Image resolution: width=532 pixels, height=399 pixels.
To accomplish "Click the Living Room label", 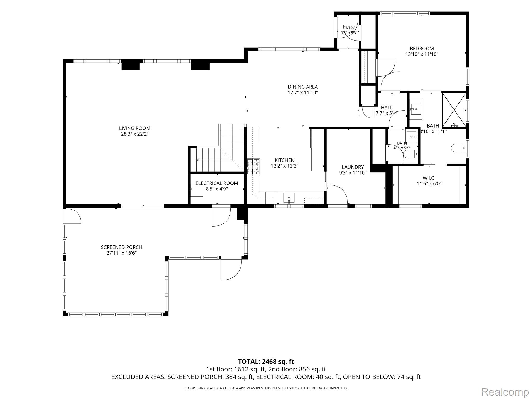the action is [x=135, y=128].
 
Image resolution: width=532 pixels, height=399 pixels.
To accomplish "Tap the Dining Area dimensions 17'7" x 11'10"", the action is [x=303, y=92].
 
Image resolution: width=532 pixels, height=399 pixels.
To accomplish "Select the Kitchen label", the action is [x=284, y=160].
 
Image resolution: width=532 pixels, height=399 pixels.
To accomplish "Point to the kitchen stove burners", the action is [x=253, y=167].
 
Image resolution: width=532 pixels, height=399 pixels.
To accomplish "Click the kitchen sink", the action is [x=289, y=198].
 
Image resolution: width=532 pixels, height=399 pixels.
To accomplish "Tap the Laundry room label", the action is [x=353, y=167].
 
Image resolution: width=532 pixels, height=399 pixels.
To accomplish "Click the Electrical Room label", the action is [x=217, y=183].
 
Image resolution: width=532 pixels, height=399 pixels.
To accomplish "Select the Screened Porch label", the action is [x=122, y=247].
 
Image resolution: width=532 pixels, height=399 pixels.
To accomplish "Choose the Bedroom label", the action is [x=422, y=48].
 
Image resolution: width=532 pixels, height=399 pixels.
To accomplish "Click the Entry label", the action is [x=349, y=28].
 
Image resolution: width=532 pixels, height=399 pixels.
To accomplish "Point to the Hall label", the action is [x=387, y=108].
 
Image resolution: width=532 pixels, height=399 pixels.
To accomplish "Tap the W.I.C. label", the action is [x=429, y=178].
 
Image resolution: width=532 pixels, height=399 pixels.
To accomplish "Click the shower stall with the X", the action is [x=454, y=110].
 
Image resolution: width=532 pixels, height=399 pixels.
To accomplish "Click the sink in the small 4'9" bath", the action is [x=412, y=137].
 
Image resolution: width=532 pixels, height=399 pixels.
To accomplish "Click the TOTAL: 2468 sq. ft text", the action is [x=266, y=361].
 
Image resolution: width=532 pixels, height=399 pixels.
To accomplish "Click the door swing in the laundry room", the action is [x=338, y=195].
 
